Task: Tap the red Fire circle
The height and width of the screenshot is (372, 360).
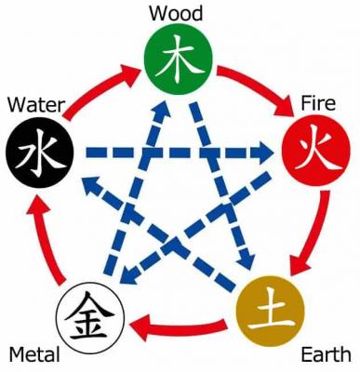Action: (x=312, y=148)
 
